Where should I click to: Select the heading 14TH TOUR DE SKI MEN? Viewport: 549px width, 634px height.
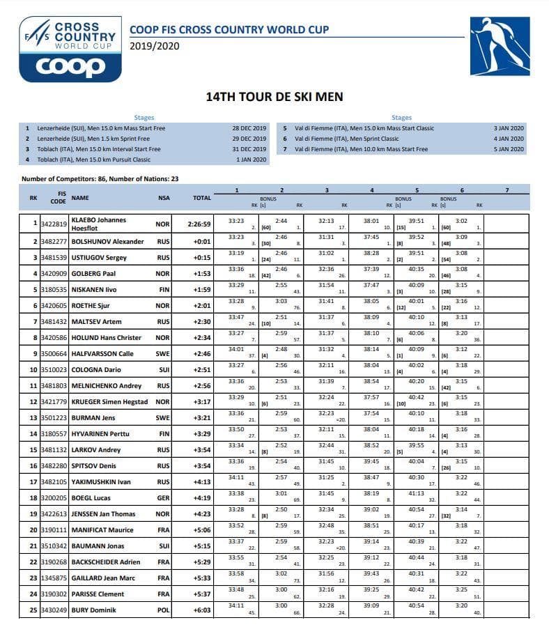pyautogui.click(x=274, y=97)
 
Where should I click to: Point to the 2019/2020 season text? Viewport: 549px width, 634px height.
pyautogui.click(x=155, y=46)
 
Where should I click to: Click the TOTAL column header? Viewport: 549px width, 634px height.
pyautogui.click(x=202, y=198)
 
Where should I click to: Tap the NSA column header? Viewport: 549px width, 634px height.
pyautogui.click(x=164, y=198)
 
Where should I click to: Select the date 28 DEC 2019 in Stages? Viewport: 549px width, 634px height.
pyautogui.click(x=249, y=128)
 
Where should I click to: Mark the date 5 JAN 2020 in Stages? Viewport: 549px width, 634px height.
pyautogui.click(x=509, y=149)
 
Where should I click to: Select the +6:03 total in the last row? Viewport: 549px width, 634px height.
pyautogui.click(x=201, y=610)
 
